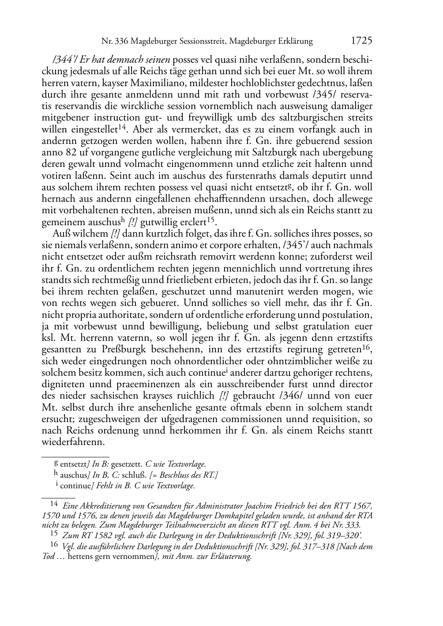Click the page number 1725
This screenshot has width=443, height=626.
tap(362, 41)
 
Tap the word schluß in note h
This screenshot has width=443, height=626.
tap(141, 475)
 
